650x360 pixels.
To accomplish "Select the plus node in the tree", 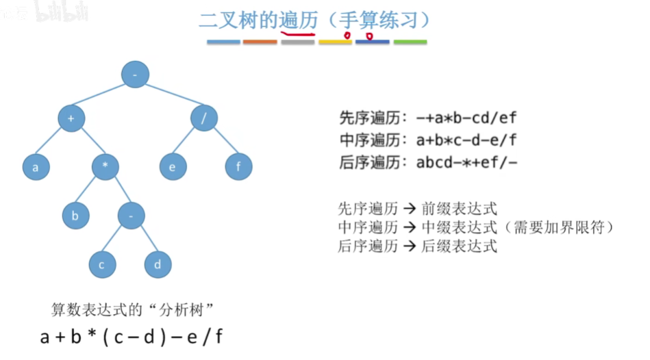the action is point(71,118).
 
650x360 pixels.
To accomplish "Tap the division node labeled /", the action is point(203,118).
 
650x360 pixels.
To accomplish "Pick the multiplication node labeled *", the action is point(105,166).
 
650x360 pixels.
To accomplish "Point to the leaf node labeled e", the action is point(173,166).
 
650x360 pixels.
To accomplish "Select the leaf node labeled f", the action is point(239,166).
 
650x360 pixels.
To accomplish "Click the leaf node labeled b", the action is point(75,216).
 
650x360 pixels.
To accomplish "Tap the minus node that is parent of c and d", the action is point(130,216).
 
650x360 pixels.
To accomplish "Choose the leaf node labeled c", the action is point(101,265).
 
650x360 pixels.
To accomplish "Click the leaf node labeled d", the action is point(158,265).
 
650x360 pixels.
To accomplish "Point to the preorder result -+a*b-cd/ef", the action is point(466,118).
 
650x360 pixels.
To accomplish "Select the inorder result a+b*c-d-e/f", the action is point(466,140).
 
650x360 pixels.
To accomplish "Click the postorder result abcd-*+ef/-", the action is point(466,163).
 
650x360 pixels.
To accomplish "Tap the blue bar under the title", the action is point(223,42).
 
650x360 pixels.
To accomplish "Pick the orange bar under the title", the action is point(260,42).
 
